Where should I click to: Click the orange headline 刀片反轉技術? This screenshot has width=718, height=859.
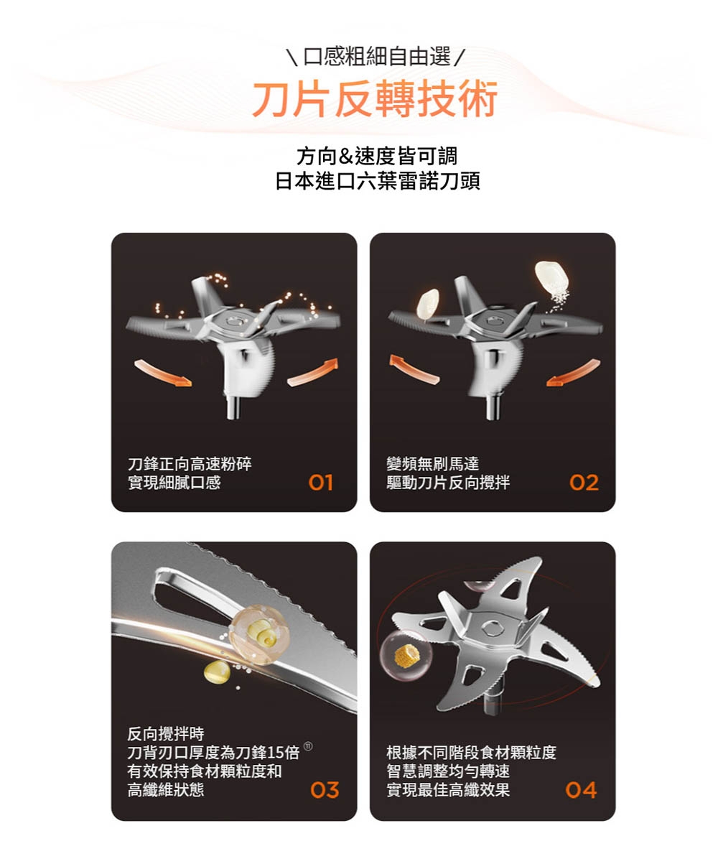[x=374, y=99]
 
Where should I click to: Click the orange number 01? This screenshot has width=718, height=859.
[x=321, y=483]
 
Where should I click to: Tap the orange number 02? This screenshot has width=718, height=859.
[x=583, y=483]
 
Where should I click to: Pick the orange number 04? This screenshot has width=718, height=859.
[x=581, y=791]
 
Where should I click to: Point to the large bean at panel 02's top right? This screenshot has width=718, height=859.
[x=551, y=276]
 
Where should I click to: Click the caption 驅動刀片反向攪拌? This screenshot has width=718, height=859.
[x=448, y=483]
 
